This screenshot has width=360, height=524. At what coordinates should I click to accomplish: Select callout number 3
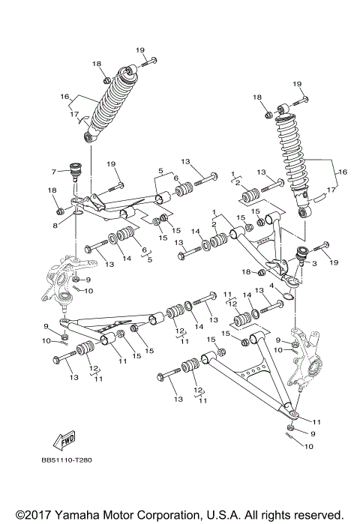click(314, 263)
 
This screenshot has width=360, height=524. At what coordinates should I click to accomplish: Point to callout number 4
click(271, 286)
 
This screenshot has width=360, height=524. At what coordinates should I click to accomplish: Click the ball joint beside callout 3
click(298, 255)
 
